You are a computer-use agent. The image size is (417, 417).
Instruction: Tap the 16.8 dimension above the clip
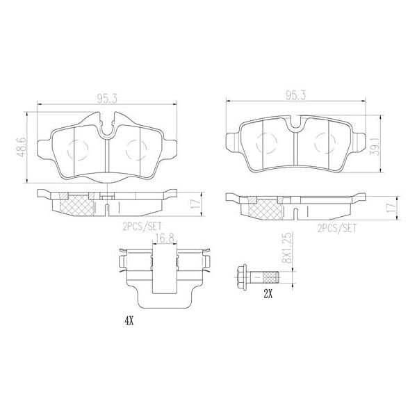coord(163,238)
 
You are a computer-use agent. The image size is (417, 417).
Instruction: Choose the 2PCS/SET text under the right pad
coord(336,227)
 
